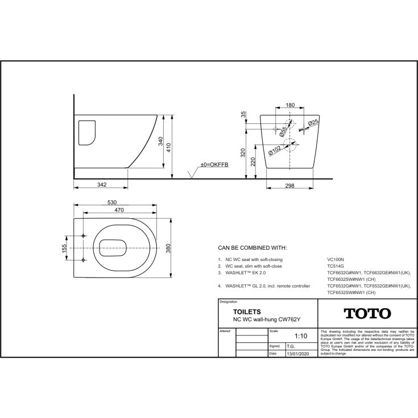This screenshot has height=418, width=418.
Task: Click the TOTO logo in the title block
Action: (367, 313)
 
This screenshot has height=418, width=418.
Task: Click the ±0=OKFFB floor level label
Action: (214, 164)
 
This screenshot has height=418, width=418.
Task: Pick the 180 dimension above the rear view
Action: (289, 105)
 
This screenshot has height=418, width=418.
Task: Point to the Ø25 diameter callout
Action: (313, 123)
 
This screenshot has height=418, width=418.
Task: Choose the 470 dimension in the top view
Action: (118, 210)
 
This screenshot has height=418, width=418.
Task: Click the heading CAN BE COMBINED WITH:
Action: (253, 248)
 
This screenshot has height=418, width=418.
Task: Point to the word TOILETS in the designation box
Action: (247, 312)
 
